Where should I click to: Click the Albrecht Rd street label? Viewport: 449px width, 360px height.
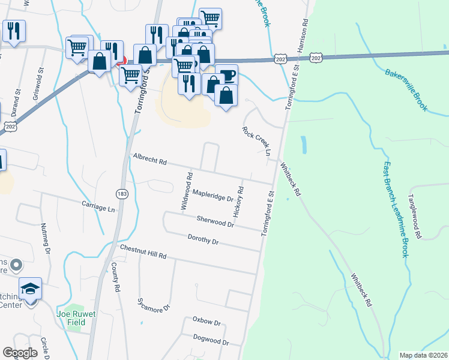coord(149,159)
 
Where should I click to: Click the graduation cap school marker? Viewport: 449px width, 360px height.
coord(30,289)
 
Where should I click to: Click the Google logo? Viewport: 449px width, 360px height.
coord(20,353)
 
